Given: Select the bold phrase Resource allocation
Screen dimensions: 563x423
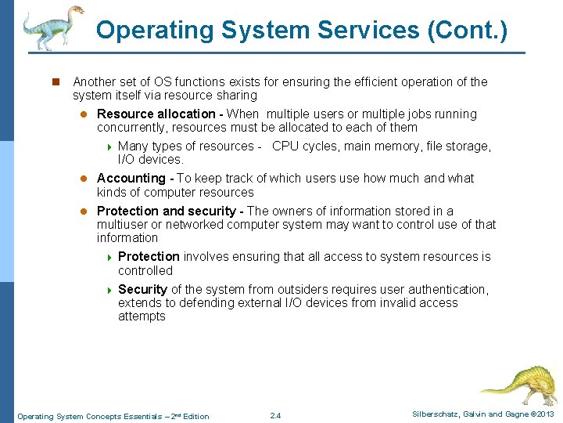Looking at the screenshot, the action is click(156, 114).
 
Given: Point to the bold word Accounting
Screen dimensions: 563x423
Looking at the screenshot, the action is click(131, 179).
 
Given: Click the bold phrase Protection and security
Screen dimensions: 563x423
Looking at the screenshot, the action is click(166, 211).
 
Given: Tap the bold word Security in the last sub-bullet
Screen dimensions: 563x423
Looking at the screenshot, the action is click(142, 290).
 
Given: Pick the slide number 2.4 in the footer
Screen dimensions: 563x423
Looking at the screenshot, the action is click(275, 415).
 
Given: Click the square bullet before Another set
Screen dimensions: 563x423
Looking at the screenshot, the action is click(56, 81).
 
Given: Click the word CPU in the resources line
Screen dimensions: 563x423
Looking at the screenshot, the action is click(285, 146).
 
